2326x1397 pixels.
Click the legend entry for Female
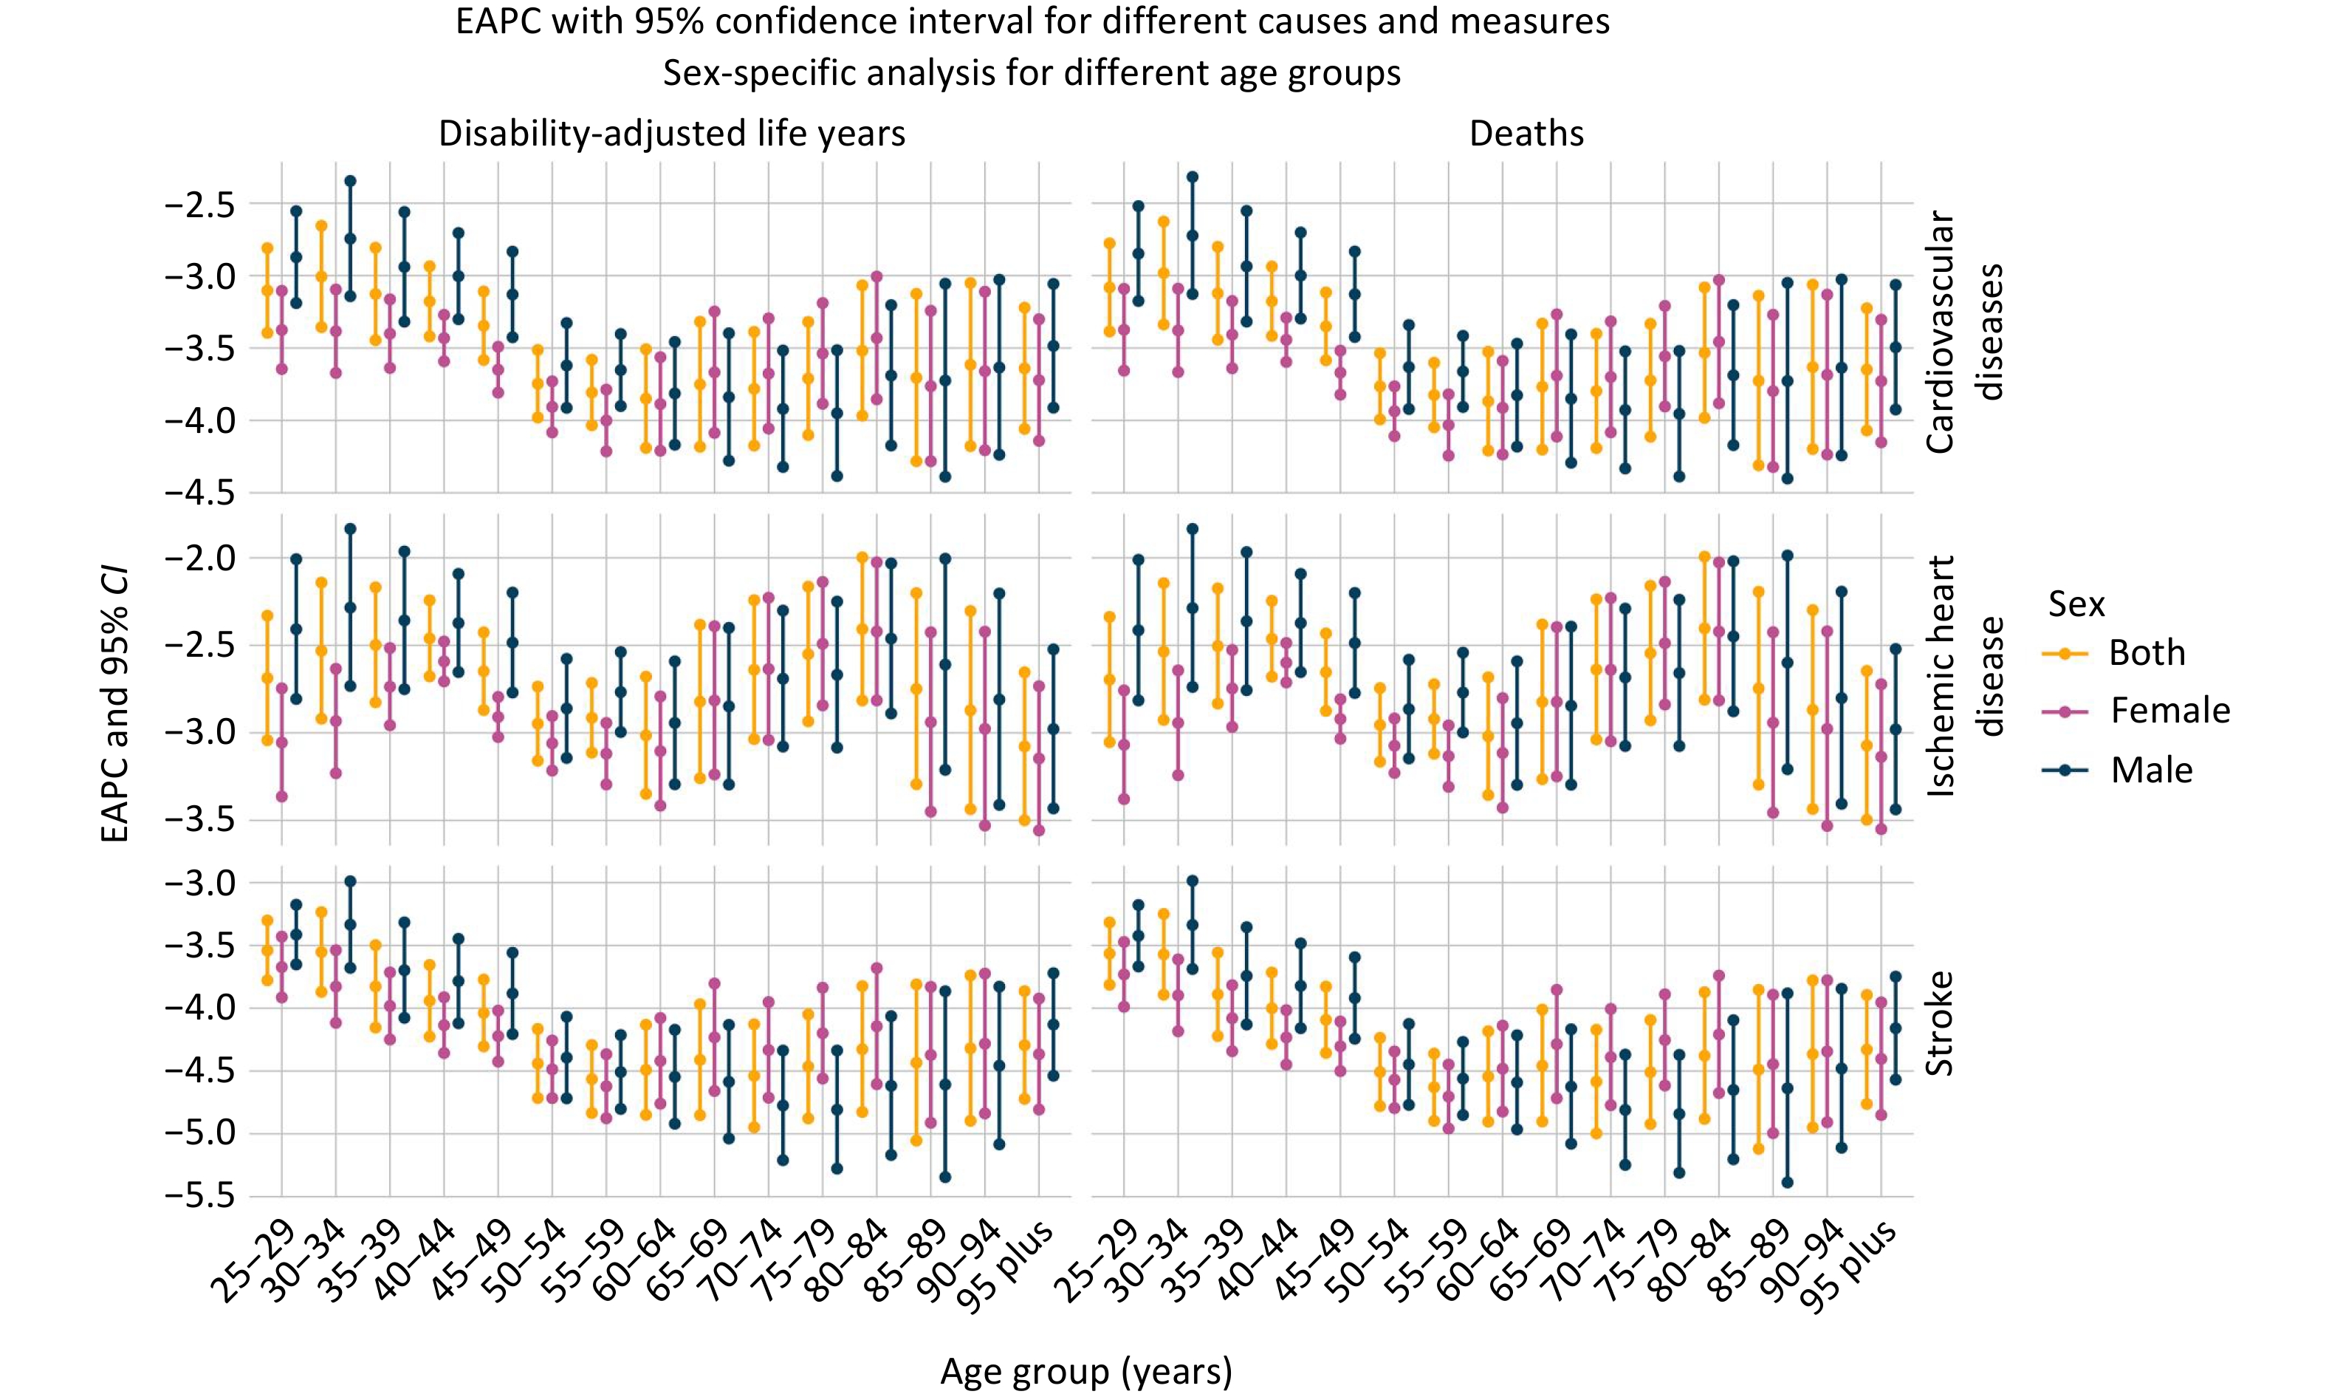pyautogui.click(x=2169, y=711)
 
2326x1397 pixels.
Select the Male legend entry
pyautogui.click(x=2151, y=770)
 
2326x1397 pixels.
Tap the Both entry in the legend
pyautogui.click(x=2147, y=652)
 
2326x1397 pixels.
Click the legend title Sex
pyautogui.click(x=2076, y=604)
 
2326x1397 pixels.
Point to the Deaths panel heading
pyautogui.click(x=1526, y=134)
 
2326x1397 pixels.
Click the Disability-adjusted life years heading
pyautogui.click(x=672, y=134)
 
